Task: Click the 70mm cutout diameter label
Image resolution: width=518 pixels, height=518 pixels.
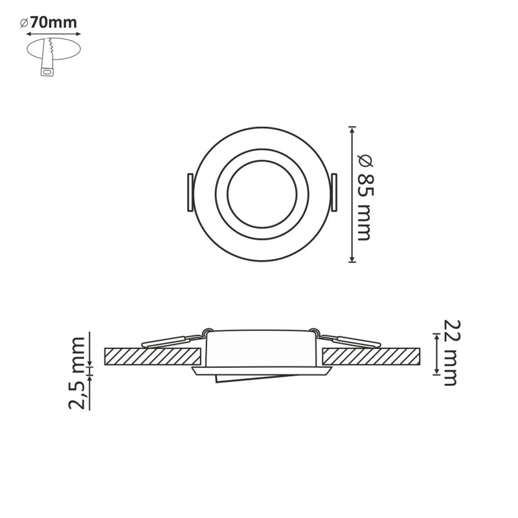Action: coord(54,23)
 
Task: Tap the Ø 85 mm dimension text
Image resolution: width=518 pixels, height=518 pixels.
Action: coord(366,197)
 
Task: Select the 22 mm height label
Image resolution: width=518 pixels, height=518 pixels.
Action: coord(450,352)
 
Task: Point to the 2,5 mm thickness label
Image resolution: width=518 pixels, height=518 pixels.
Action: coord(77,373)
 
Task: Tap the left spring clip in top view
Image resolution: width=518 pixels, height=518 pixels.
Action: coord(190,192)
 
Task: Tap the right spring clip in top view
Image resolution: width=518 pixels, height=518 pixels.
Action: coord(334,192)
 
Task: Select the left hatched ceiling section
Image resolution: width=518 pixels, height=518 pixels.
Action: coord(153,357)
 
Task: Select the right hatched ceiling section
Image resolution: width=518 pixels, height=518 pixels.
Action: coord(371,357)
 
